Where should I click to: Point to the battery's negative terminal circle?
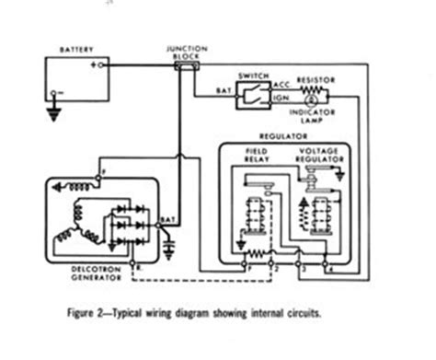(57, 92)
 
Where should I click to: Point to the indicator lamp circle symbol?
(311, 97)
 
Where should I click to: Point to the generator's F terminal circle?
(97, 173)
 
